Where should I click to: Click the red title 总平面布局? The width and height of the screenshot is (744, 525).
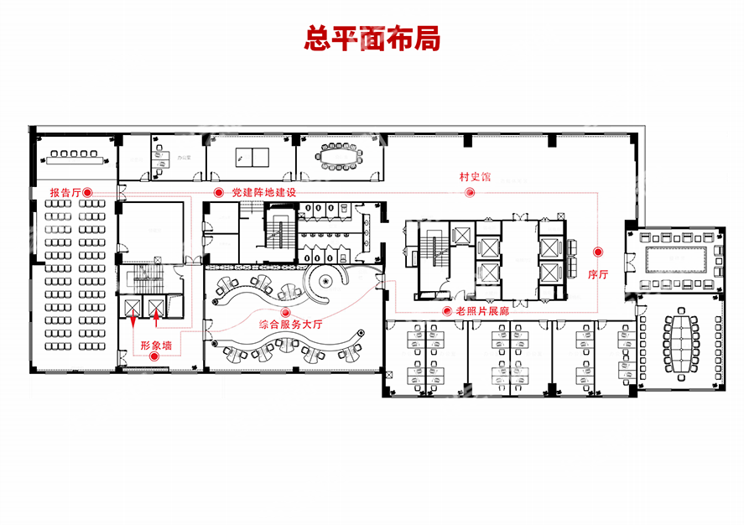pos(372,39)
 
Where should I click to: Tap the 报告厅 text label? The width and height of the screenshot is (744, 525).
pos(65,193)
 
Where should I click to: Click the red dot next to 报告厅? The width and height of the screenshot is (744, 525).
pos(87,193)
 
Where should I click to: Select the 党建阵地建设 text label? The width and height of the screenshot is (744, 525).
pos(264,193)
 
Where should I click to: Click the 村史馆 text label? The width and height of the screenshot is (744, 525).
pos(474,178)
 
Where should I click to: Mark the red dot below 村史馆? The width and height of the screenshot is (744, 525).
pos(470,193)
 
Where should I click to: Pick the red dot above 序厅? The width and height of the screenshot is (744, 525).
pos(597,252)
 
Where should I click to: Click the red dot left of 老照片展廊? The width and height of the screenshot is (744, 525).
pos(446,311)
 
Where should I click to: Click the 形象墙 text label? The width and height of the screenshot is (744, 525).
pos(156,345)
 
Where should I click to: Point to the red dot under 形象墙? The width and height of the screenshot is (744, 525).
pos(154,357)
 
